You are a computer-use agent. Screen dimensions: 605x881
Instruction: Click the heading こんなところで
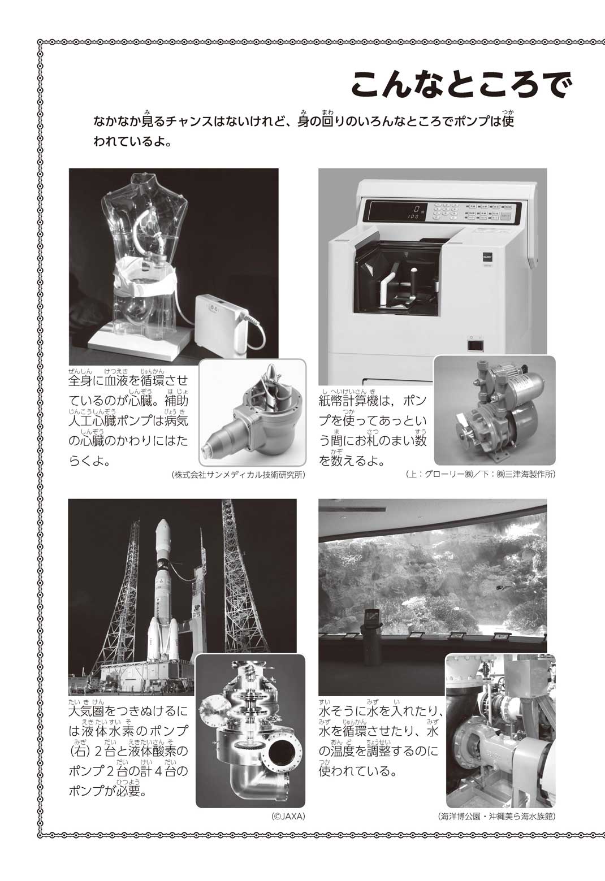460,85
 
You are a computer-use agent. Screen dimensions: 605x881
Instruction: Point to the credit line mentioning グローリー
481,474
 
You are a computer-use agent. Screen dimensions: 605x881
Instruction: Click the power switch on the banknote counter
475,345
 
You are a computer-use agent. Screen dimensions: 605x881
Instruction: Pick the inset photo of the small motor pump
495,410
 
